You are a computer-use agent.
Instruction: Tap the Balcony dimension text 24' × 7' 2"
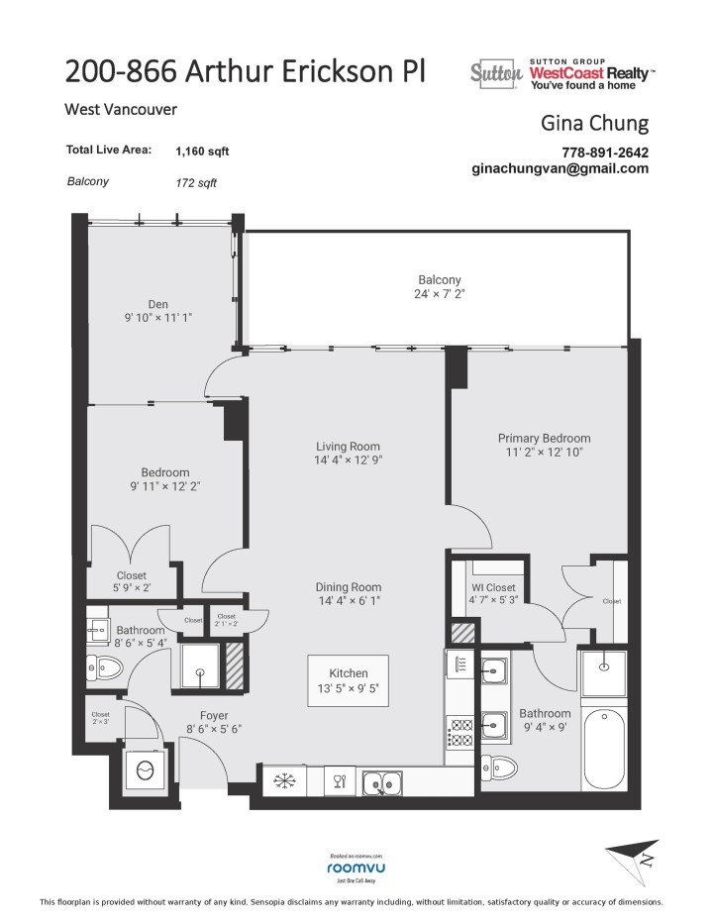pyautogui.click(x=438, y=294)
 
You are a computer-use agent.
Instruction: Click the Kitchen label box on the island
pyautogui.click(x=347, y=673)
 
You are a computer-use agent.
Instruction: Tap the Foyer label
pyautogui.click(x=214, y=715)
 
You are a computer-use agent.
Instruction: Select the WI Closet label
pyautogui.click(x=492, y=586)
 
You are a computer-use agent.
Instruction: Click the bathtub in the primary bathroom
pyautogui.click(x=602, y=753)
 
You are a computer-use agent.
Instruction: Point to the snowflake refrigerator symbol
pyautogui.click(x=285, y=781)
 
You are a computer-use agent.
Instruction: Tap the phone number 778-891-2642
pyautogui.click(x=605, y=152)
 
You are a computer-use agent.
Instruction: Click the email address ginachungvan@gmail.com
pyautogui.click(x=560, y=168)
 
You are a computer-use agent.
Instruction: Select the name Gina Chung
pyautogui.click(x=595, y=123)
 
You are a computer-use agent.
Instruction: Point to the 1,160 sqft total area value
pyautogui.click(x=202, y=152)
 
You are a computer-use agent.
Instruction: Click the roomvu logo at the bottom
pyautogui.click(x=356, y=868)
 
